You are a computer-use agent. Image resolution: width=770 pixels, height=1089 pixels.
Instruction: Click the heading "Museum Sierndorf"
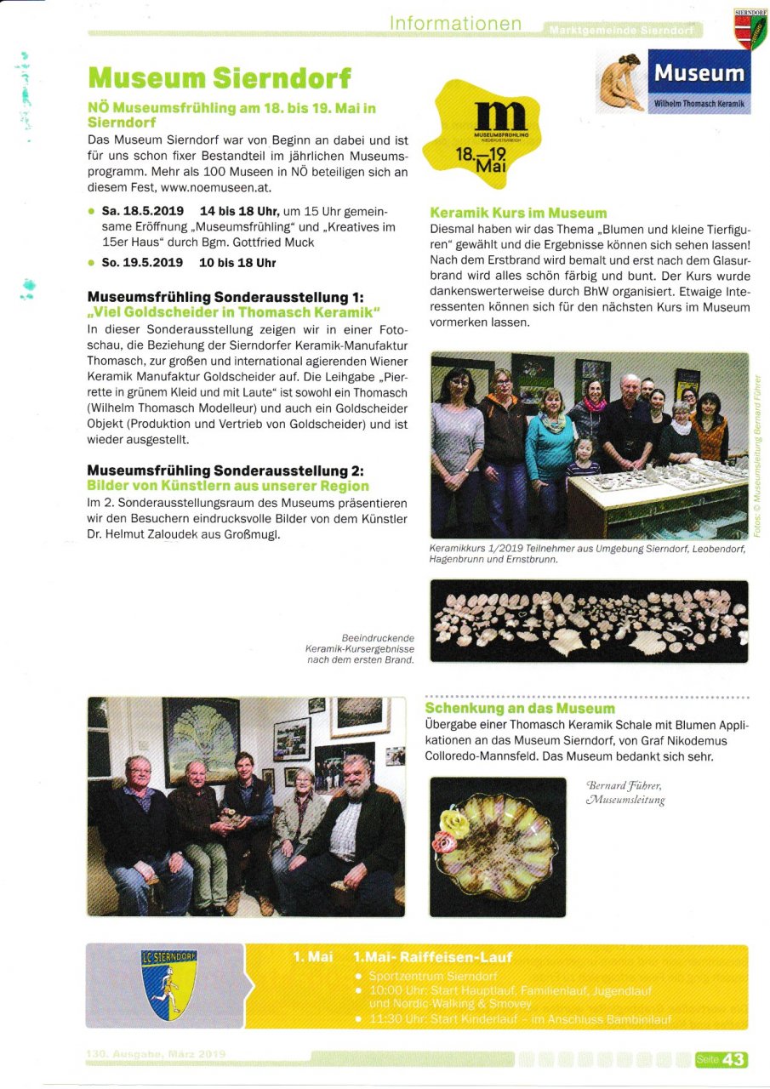(219, 78)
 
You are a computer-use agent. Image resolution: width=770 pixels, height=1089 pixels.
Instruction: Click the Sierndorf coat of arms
(750, 28)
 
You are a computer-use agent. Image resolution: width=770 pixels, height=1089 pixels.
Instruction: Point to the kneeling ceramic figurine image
(620, 83)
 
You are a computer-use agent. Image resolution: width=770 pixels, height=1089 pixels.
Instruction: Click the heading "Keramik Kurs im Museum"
(518, 213)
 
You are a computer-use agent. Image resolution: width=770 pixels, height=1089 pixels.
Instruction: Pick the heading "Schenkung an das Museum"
(519, 708)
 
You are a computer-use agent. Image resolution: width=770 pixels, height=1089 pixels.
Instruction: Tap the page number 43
(733, 1059)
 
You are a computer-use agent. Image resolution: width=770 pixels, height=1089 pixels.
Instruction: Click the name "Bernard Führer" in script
(625, 786)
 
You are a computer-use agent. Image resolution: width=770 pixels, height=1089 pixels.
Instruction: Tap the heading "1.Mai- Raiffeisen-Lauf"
(432, 956)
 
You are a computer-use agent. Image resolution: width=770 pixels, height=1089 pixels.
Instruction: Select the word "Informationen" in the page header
(455, 24)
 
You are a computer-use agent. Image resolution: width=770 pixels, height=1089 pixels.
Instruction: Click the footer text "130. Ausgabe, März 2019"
(155, 1054)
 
